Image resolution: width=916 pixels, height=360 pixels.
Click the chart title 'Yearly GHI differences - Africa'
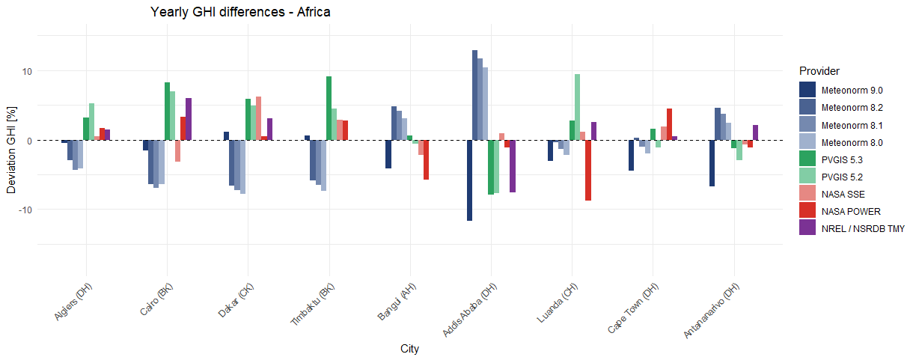[x=240, y=12]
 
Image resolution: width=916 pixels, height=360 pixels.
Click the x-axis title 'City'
[x=409, y=349]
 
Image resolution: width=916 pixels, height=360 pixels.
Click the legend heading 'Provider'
[x=819, y=71]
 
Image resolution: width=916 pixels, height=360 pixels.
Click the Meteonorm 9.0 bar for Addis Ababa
[x=469, y=180]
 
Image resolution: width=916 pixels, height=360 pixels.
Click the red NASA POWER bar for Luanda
[x=588, y=170]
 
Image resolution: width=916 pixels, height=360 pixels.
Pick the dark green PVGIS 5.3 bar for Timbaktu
[x=329, y=109]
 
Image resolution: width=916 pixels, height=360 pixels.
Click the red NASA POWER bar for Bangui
[x=426, y=159]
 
